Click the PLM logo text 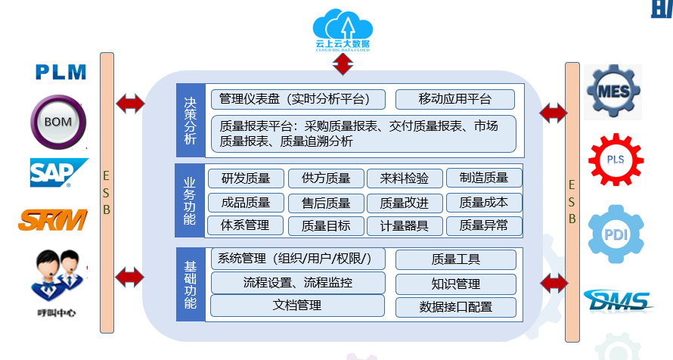61,73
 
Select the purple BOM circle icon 58,122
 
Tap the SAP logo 57,172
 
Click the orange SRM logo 54,220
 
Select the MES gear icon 614,92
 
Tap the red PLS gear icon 616,160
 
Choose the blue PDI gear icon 616,233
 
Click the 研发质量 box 245,178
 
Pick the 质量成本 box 483,202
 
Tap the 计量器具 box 404,225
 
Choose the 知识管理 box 455,284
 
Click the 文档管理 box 297,306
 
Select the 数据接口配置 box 455,307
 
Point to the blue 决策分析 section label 190,120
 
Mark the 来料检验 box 404,178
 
